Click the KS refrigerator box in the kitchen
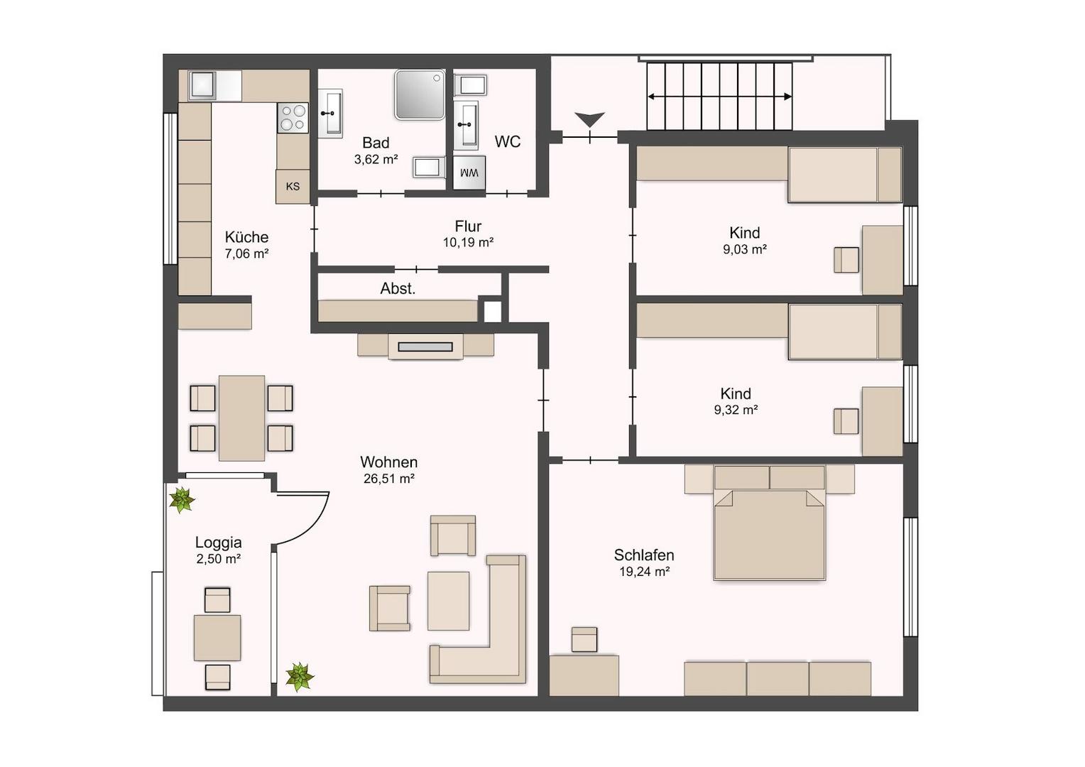click(x=293, y=187)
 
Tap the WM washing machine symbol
click(x=469, y=173)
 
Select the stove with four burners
click(x=293, y=118)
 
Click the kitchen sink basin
click(x=203, y=85)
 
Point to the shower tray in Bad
click(x=420, y=94)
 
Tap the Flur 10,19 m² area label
click(x=469, y=234)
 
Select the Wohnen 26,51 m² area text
click(x=389, y=469)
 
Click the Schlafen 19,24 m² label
click(x=644, y=562)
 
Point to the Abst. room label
click(x=398, y=289)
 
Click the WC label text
click(x=508, y=141)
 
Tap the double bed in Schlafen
click(x=769, y=523)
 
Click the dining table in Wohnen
click(x=241, y=418)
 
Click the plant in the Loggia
click(x=182, y=499)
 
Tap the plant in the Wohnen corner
click(x=300, y=676)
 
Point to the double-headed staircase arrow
click(x=720, y=97)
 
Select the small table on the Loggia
click(x=217, y=638)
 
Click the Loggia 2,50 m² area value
click(x=219, y=559)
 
